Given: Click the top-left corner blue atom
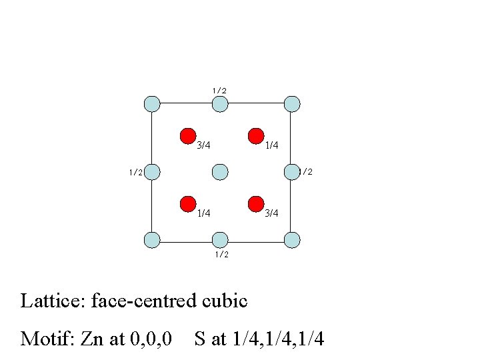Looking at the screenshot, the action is click(x=152, y=104).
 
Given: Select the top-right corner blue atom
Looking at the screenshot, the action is click(x=292, y=104).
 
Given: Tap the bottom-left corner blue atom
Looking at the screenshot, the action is click(x=152, y=239).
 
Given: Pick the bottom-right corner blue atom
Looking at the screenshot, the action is click(x=292, y=239).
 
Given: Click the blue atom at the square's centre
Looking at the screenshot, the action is click(x=221, y=171).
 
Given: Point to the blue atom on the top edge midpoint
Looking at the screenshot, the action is click(x=220, y=104).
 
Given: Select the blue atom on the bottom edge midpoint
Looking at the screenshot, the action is click(x=220, y=239).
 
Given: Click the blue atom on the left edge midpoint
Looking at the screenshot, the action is click(x=153, y=171).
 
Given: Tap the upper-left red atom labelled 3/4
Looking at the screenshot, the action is click(x=188, y=136).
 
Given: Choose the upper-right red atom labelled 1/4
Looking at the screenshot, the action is click(x=255, y=136).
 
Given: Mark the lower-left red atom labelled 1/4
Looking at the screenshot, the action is click(x=188, y=203).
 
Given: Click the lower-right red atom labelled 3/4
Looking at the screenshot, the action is click(x=255, y=203).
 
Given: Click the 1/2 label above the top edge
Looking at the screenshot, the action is click(x=219, y=90).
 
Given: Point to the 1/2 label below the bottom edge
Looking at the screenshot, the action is click(x=221, y=254).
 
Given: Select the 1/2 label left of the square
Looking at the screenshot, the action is click(x=135, y=172).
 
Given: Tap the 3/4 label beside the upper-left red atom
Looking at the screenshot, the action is click(x=204, y=145).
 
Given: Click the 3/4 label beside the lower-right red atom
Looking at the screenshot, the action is click(x=271, y=213).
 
